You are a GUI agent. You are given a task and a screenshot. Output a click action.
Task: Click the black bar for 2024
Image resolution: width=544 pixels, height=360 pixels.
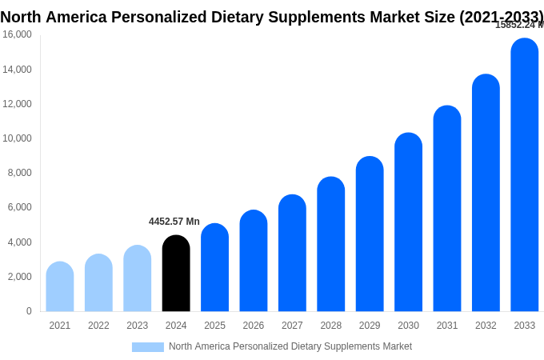[x=176, y=274]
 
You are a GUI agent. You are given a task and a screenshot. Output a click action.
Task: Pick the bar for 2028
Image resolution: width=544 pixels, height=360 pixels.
[x=330, y=244]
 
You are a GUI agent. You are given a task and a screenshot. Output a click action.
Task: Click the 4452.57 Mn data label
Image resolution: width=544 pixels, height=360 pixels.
[x=174, y=222]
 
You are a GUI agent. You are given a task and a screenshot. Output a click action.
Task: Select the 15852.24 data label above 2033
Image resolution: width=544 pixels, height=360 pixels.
[x=518, y=25]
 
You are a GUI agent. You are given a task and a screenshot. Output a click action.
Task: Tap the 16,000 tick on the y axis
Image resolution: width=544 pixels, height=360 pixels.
[x=17, y=34]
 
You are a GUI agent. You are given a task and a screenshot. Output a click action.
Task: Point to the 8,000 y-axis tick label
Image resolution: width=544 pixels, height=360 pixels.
[x=18, y=173]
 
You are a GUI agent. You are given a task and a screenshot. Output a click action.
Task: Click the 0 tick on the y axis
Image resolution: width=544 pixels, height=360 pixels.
[x=29, y=311]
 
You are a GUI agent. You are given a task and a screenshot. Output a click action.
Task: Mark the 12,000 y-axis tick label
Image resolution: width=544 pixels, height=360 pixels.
[x=17, y=104]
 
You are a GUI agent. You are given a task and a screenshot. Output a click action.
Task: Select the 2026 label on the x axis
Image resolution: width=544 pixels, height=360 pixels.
[x=254, y=326]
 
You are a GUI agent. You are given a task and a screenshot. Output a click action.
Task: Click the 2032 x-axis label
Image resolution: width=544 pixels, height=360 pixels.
[x=486, y=326]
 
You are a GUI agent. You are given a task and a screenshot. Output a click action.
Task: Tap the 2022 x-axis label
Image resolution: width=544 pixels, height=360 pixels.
[x=98, y=326]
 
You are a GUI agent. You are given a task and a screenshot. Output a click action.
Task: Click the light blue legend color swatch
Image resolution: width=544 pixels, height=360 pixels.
[x=148, y=347]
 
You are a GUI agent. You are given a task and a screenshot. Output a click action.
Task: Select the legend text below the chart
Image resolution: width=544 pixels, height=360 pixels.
[x=290, y=346]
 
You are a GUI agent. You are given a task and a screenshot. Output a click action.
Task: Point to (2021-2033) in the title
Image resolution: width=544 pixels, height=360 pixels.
[x=501, y=17]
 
